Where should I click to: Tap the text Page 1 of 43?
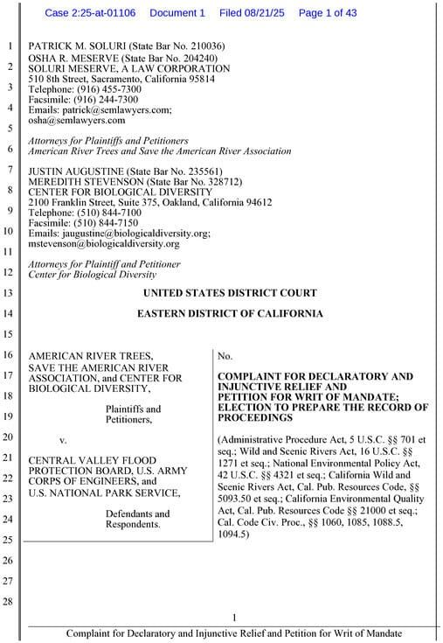pos(329,13)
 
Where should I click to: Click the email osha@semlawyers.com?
pos(77,121)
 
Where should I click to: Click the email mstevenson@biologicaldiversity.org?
pos(104,244)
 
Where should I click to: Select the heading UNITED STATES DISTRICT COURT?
pos(230,293)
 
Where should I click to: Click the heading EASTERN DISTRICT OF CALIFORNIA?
pos(230,313)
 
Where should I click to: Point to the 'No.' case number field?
pos(225,356)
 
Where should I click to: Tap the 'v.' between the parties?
pos(62,438)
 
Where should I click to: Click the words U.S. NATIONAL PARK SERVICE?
pos(104,493)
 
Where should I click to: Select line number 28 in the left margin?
pos(10,601)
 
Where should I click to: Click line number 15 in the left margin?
pos(10,333)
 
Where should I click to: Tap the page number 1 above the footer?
pos(234,619)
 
